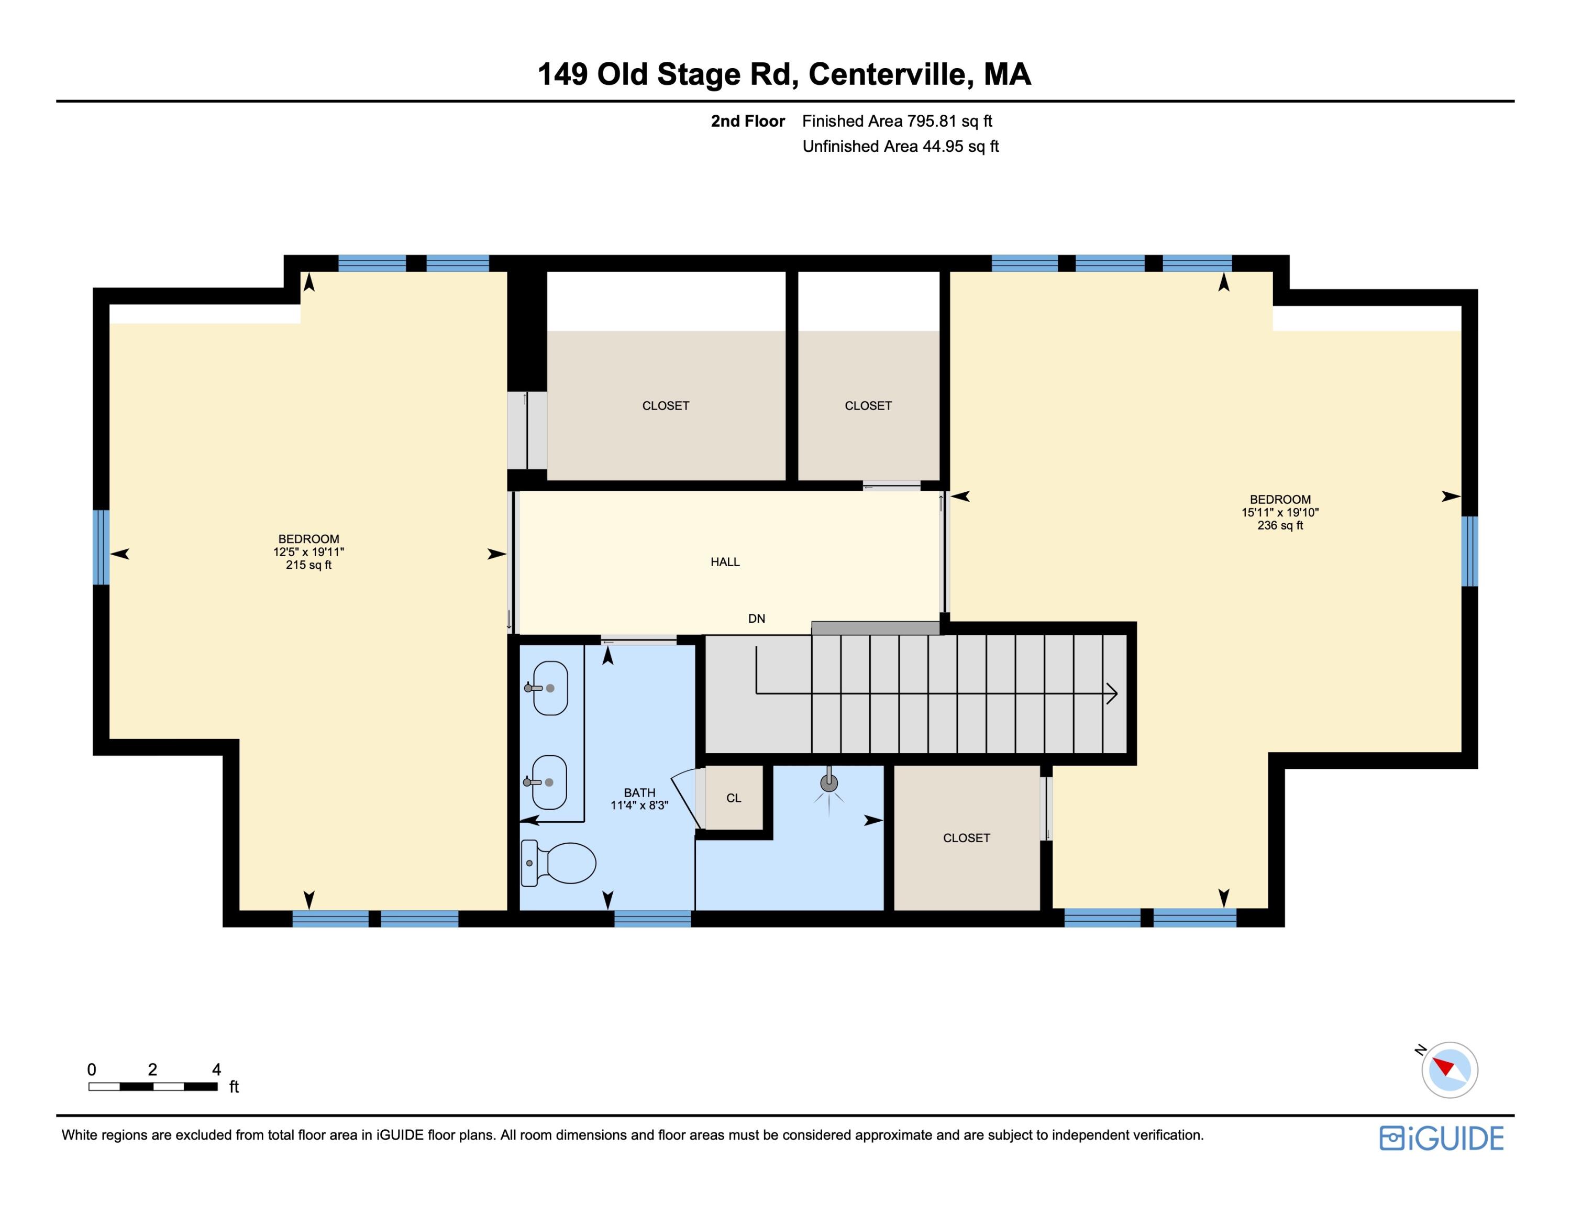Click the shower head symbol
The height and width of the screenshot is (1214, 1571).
[829, 785]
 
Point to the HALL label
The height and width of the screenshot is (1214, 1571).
[725, 561]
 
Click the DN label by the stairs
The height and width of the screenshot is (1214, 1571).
[756, 619]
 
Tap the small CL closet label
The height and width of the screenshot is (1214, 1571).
[733, 798]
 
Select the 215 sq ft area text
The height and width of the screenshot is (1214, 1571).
[308, 565]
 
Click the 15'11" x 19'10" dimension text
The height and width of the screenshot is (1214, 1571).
[1280, 513]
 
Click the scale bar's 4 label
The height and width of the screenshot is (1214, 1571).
[216, 1069]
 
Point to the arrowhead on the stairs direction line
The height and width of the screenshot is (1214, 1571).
[1112, 693]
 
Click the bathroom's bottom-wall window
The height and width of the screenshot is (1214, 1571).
[652, 919]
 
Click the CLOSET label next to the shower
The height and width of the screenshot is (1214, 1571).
[966, 838]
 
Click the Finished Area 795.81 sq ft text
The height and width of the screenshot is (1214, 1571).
[897, 121]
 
